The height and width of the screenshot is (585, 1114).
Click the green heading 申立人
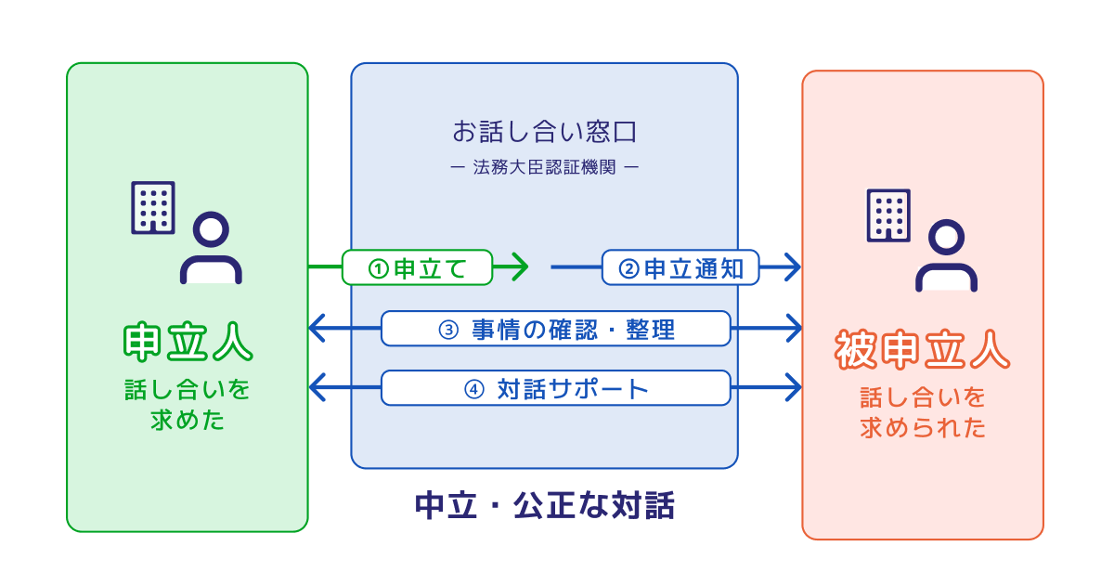coord(188,342)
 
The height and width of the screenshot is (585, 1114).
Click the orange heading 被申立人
coord(923,350)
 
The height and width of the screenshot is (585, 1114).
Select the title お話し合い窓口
coord(545,132)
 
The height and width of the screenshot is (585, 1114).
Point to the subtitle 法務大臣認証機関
coord(545,167)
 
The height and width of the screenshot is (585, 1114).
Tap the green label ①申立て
coord(417,267)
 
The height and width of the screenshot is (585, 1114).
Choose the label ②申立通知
coord(680,267)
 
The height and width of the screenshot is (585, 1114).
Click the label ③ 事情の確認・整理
coord(555,329)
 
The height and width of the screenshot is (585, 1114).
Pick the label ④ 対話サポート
coord(555,388)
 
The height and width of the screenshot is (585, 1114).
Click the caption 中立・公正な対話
coord(545,505)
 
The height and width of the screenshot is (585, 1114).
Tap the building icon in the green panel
coord(152,207)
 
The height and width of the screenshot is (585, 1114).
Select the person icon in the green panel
coord(211,248)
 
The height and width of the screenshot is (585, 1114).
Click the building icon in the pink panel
coord(888,215)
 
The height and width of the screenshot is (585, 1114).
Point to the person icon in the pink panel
coord(946,255)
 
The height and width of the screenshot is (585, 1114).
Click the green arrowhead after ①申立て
coord(520,267)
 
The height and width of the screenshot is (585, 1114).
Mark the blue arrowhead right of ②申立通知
coord(793,267)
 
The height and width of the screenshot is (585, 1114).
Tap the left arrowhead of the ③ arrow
coord(317,329)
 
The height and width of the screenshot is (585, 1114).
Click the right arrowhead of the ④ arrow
coord(793,387)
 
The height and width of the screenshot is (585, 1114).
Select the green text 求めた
coord(188,421)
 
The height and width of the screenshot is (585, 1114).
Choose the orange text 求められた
coord(923,428)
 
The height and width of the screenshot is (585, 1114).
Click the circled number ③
coord(448,330)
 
